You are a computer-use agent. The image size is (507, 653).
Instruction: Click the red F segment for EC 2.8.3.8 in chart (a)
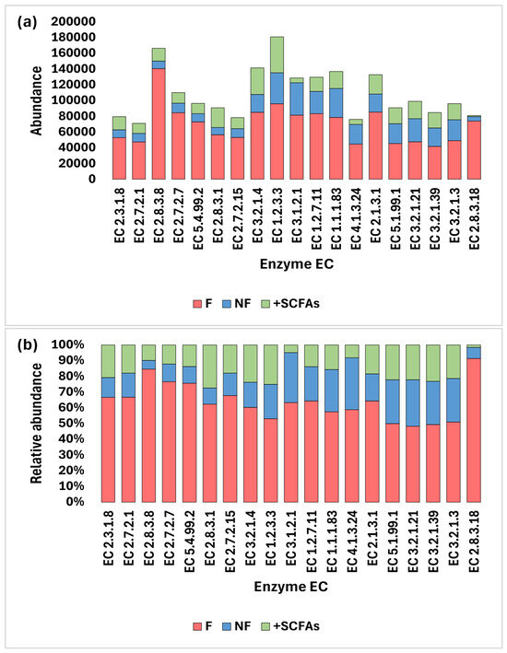point(159,124)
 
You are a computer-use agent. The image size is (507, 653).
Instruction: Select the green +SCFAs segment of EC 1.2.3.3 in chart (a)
point(277,55)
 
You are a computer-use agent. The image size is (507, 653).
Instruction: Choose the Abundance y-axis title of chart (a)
point(37,100)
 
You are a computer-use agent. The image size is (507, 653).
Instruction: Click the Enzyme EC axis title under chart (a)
point(297,264)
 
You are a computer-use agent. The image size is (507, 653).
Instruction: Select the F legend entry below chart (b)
point(203,626)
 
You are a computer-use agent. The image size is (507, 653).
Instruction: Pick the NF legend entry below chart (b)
point(237,626)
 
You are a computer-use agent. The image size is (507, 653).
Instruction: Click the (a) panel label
point(27,22)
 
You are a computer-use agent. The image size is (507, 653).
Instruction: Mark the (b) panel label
point(27,345)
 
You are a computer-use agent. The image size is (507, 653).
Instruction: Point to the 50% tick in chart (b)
point(74,424)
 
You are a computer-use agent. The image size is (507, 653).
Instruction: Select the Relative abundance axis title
point(37,423)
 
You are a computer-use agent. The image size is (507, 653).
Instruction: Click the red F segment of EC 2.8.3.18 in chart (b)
point(474,430)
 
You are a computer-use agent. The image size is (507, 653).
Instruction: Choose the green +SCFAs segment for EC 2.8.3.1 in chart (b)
point(209,367)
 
